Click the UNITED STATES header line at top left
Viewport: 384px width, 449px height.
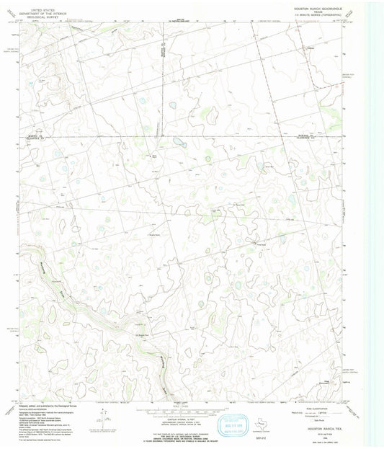39,4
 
